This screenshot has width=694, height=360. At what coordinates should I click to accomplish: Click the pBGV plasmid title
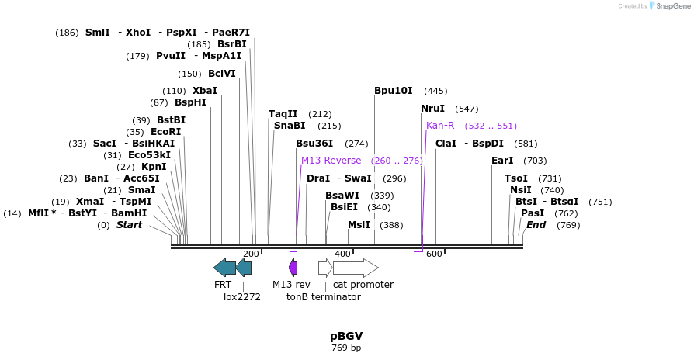point(346,336)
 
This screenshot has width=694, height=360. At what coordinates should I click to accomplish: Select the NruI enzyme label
point(433,109)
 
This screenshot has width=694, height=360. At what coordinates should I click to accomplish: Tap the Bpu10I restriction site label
point(394,91)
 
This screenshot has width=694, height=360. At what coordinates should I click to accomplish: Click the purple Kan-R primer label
point(440,126)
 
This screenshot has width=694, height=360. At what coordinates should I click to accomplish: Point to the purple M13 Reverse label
point(331,161)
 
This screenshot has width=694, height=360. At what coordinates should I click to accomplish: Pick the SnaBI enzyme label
point(290,126)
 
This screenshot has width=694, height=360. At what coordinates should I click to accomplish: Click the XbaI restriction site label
point(205,91)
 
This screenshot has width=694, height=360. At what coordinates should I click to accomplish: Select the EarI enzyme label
point(502,161)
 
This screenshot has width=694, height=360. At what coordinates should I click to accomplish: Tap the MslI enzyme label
point(359,225)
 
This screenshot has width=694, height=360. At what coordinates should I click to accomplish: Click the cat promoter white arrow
point(356,268)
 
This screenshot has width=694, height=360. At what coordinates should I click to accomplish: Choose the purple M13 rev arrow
point(293,268)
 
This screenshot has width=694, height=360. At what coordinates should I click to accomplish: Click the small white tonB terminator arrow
point(325,268)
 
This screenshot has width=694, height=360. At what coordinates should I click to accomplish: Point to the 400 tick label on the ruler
point(342,254)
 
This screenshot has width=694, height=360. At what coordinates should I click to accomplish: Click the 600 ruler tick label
point(434,254)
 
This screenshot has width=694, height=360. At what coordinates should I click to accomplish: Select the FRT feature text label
point(223,285)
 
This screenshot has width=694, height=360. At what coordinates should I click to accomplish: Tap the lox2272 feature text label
point(242,296)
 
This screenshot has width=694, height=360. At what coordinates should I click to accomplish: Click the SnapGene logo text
point(673,6)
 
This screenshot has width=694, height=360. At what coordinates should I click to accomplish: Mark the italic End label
point(536,225)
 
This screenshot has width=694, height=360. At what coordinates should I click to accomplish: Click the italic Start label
point(130,225)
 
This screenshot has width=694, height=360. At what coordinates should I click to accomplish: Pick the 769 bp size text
point(346,348)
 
